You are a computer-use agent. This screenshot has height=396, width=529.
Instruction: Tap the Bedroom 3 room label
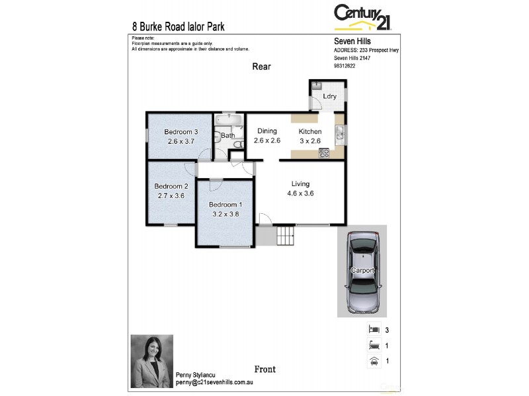[x=181, y=132]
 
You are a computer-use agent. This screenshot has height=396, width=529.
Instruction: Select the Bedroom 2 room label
[x=171, y=186]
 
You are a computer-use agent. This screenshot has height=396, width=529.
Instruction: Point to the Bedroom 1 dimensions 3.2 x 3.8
[x=225, y=214]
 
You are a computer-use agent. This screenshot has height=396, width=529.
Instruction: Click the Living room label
[x=301, y=184]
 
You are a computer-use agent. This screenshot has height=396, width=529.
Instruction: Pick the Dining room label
[x=267, y=131]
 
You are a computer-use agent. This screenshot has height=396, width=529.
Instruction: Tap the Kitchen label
[x=309, y=131]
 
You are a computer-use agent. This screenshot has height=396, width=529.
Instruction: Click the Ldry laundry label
[x=329, y=96]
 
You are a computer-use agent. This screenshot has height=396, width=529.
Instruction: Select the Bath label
[x=227, y=136]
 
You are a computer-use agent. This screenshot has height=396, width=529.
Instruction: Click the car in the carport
[x=362, y=271]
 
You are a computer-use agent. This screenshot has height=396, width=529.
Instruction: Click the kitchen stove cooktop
[x=324, y=152]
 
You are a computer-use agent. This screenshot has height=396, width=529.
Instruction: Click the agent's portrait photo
[x=151, y=357]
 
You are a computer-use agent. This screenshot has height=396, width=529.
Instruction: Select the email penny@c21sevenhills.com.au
[x=215, y=382]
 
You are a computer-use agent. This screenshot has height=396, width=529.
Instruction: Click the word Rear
[x=261, y=67]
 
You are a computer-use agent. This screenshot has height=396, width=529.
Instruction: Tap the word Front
[x=264, y=369]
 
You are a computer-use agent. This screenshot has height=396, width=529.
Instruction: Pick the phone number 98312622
[x=345, y=65]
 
